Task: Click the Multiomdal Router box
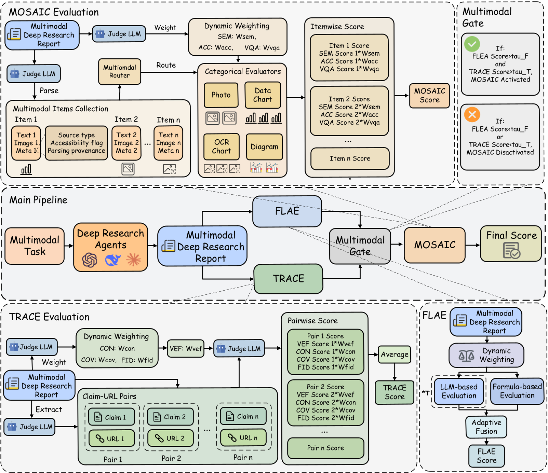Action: click(119, 71)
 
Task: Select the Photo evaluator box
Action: click(221, 95)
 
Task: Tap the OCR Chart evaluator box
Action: click(222, 147)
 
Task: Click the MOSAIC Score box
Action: click(429, 96)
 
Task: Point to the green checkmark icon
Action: click(472, 44)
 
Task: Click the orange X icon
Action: click(472, 114)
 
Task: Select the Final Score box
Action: click(511, 244)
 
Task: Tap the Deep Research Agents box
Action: click(110, 247)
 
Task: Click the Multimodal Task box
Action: click(35, 246)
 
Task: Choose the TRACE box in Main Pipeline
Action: click(288, 279)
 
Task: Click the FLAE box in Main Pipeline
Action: click(287, 211)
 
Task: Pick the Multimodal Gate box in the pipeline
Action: click(360, 246)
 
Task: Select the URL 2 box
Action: click(171, 438)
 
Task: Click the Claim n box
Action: click(243, 416)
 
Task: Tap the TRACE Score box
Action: click(395, 392)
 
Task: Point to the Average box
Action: click(395, 354)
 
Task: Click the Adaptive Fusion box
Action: click(486, 427)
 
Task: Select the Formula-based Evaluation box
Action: click(517, 391)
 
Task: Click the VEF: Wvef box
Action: click(186, 349)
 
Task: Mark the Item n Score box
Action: click(350, 158)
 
